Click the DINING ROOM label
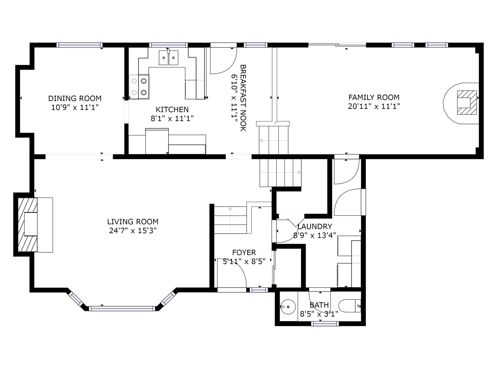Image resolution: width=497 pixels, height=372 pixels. [x=75, y=98]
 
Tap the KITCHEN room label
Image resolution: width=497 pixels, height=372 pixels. [x=172, y=109]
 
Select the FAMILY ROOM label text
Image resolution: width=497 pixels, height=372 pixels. [x=374, y=97]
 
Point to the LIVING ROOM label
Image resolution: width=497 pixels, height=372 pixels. [x=133, y=222]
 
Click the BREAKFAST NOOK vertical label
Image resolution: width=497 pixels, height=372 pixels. [x=243, y=98]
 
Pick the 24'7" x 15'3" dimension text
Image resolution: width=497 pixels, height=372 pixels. [x=133, y=231]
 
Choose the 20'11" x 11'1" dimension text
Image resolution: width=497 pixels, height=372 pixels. [x=374, y=106]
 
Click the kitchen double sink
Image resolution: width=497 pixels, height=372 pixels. [x=168, y=58]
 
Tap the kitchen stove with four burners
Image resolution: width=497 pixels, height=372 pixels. [x=139, y=87]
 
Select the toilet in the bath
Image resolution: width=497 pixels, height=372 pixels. [x=350, y=306]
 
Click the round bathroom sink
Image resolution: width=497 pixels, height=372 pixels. [x=288, y=307]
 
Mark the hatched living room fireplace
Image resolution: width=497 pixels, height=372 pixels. [x=28, y=225]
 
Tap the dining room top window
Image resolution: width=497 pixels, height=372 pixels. [x=80, y=45]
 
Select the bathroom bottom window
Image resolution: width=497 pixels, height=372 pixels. [x=325, y=324]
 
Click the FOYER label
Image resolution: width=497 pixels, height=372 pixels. [x=244, y=252]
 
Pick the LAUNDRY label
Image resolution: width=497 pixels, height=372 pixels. [x=315, y=226]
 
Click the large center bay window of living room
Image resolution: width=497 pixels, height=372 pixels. [x=122, y=308]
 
